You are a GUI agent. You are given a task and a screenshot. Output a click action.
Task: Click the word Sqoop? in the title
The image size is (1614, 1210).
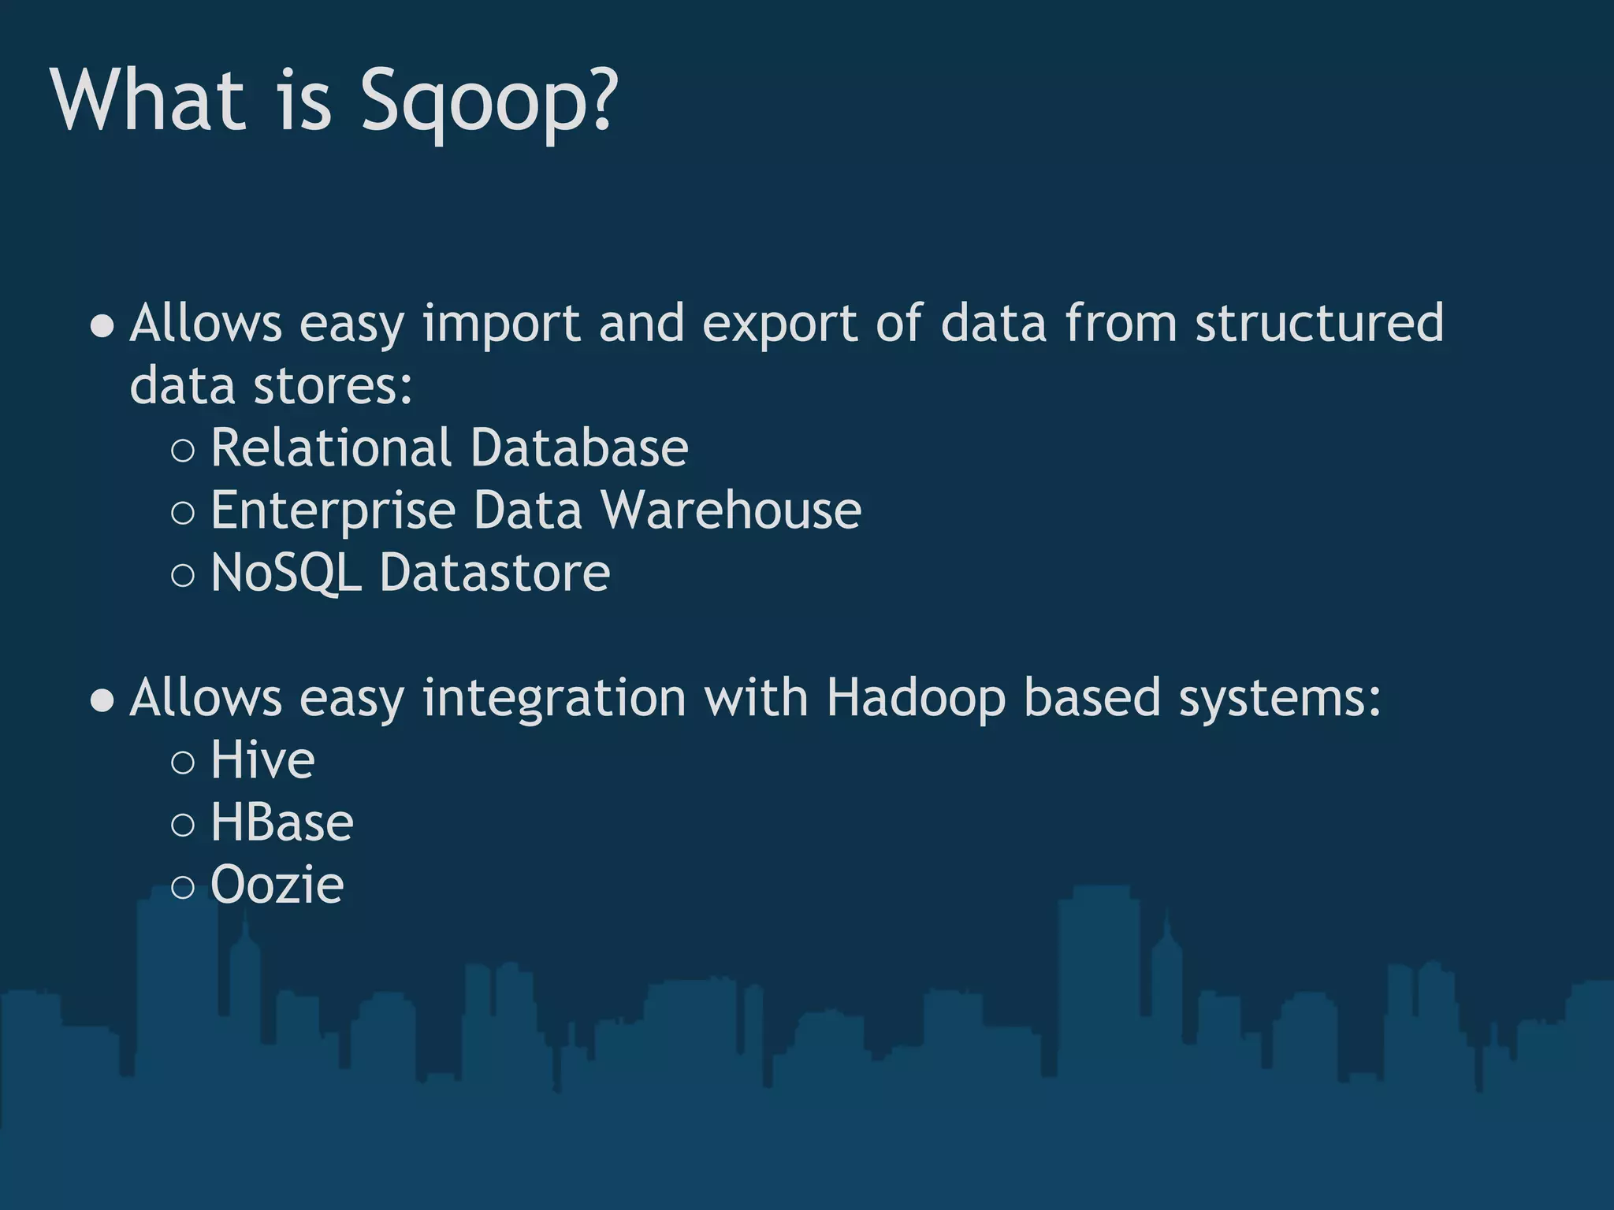[489, 102]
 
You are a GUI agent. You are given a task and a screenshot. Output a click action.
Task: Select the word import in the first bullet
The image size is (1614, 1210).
[501, 325]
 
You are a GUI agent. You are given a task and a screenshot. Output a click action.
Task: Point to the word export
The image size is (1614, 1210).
[779, 325]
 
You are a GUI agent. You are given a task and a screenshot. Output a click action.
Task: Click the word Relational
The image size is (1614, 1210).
[331, 447]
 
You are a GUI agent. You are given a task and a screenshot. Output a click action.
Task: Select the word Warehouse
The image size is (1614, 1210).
[731, 510]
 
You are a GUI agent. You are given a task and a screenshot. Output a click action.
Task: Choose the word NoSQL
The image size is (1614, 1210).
[286, 573]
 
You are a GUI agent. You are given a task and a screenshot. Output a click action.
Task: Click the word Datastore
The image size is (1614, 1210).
[495, 573]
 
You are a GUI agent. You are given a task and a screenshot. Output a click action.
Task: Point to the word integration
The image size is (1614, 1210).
[554, 700]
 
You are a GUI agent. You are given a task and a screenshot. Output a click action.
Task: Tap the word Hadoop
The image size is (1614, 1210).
[916, 700]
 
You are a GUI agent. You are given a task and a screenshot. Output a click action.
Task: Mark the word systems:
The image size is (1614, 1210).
[1280, 700]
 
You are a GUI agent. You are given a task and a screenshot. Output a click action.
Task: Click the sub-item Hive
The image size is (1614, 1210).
[262, 761]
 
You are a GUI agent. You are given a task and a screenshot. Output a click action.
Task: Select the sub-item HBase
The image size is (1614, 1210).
[282, 823]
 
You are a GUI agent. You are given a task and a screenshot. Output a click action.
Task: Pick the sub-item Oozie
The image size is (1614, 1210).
[277, 885]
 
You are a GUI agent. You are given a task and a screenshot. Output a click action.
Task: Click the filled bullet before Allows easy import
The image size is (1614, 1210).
[102, 325]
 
